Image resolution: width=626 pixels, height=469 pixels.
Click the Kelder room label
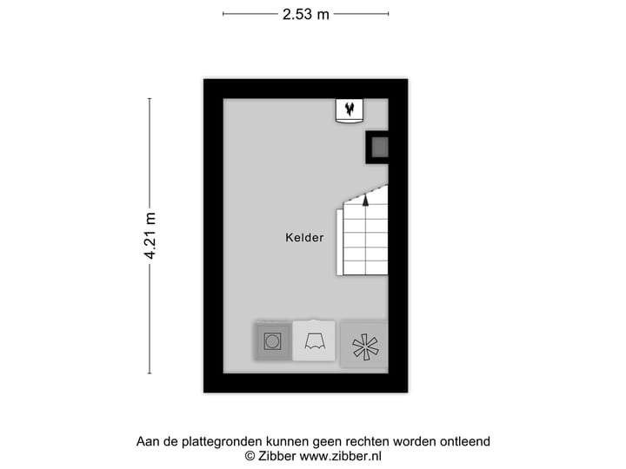(304, 237)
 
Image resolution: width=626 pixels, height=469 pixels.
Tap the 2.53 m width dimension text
(305, 14)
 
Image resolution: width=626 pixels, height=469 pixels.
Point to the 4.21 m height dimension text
(150, 236)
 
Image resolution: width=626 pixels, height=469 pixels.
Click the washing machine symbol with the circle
(272, 341)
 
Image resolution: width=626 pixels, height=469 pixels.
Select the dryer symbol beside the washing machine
(314, 341)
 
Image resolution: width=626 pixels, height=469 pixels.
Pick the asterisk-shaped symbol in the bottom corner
(363, 345)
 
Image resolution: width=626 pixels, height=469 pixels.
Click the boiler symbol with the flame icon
(350, 110)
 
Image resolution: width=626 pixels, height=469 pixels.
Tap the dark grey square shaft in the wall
(379, 148)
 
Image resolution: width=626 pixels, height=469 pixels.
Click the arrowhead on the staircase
(365, 200)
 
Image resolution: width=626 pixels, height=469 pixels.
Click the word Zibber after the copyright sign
(276, 456)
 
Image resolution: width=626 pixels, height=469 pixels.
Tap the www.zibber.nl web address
(341, 456)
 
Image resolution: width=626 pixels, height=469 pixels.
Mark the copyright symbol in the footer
(250, 456)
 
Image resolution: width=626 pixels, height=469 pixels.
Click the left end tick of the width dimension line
(223, 14)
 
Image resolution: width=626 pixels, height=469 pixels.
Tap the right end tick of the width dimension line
(389, 14)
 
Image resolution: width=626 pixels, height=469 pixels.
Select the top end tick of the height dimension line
(150, 98)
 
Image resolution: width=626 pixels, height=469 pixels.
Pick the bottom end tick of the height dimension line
(150, 373)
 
